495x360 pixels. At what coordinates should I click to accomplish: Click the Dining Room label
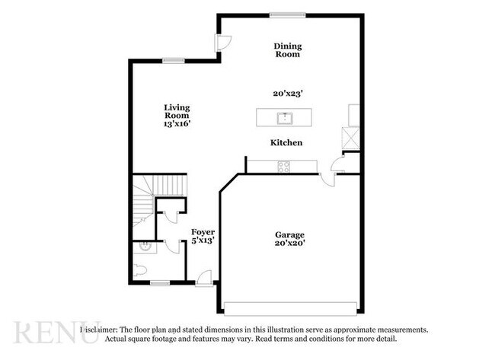[288, 50]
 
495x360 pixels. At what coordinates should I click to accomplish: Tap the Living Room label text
[177, 111]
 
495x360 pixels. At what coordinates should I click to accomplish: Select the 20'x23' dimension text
[288, 94]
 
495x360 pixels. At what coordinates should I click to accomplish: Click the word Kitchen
[286, 142]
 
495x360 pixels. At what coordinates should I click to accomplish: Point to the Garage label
[289, 234]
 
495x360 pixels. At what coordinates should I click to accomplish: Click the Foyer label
[203, 232]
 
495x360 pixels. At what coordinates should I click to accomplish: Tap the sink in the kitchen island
[286, 118]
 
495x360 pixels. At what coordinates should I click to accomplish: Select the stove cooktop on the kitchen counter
[283, 167]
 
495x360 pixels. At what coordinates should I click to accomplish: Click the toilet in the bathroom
[140, 270]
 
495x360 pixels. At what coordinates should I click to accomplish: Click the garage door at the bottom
[290, 308]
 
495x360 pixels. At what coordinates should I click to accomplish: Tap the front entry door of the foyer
[204, 279]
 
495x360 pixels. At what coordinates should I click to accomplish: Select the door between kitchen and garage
[327, 180]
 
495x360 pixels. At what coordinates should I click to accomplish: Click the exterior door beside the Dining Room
[223, 43]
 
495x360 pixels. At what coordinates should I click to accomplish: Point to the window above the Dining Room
[288, 14]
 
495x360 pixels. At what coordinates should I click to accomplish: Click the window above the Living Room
[174, 61]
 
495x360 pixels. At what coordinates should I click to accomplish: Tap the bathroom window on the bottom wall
[160, 283]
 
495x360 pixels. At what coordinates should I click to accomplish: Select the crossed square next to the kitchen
[351, 138]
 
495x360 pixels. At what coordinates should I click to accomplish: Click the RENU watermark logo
[57, 332]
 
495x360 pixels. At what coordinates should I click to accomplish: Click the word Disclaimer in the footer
[99, 330]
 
